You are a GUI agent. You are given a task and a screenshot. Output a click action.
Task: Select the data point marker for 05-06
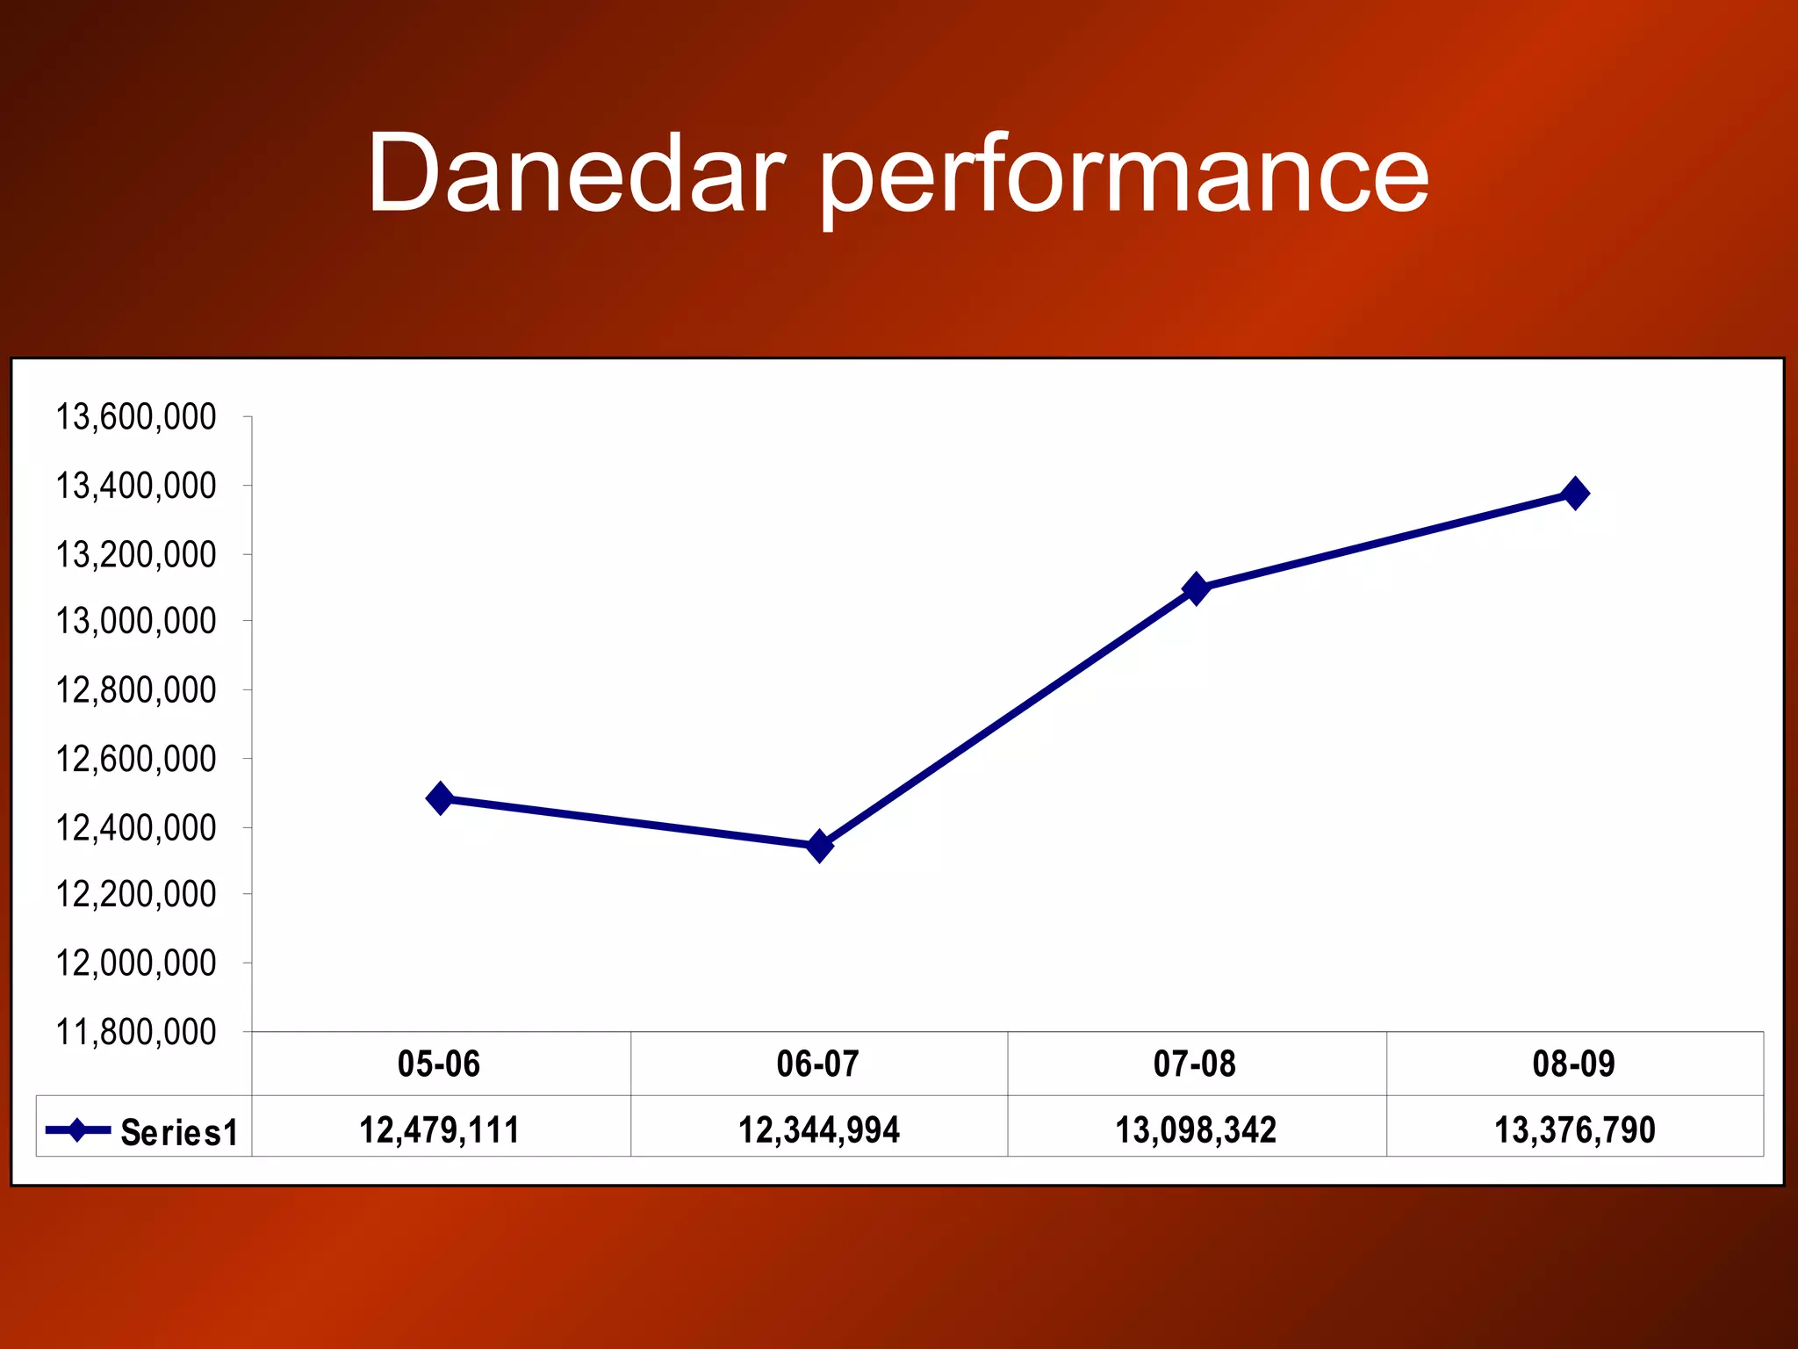click(440, 798)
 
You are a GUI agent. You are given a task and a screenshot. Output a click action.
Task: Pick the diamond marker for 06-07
click(819, 846)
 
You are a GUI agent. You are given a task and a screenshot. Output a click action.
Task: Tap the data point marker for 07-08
click(1196, 588)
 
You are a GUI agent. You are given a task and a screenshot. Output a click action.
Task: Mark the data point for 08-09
click(1575, 494)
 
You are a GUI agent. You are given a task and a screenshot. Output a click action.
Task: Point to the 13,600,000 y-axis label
click(136, 416)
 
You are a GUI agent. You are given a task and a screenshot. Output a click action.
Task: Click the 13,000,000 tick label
click(136, 621)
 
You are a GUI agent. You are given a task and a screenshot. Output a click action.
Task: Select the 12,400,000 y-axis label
click(136, 827)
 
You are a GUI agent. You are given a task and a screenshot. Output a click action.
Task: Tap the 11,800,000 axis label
click(136, 1032)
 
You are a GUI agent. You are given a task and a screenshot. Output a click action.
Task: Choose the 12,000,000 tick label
click(136, 963)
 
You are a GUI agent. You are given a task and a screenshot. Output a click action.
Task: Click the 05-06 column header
click(439, 1064)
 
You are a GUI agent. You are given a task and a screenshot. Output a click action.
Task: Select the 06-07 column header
click(817, 1064)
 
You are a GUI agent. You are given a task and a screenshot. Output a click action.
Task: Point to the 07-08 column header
click(1195, 1064)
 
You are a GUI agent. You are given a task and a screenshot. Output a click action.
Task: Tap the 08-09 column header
click(1573, 1064)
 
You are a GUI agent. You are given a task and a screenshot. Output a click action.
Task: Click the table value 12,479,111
click(439, 1129)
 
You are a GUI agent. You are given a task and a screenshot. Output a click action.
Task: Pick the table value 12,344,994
click(818, 1129)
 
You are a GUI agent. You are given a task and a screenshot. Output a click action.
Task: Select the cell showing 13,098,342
click(1196, 1129)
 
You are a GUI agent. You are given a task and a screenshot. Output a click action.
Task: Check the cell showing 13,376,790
click(1575, 1129)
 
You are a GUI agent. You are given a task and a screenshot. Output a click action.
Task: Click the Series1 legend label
click(179, 1132)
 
